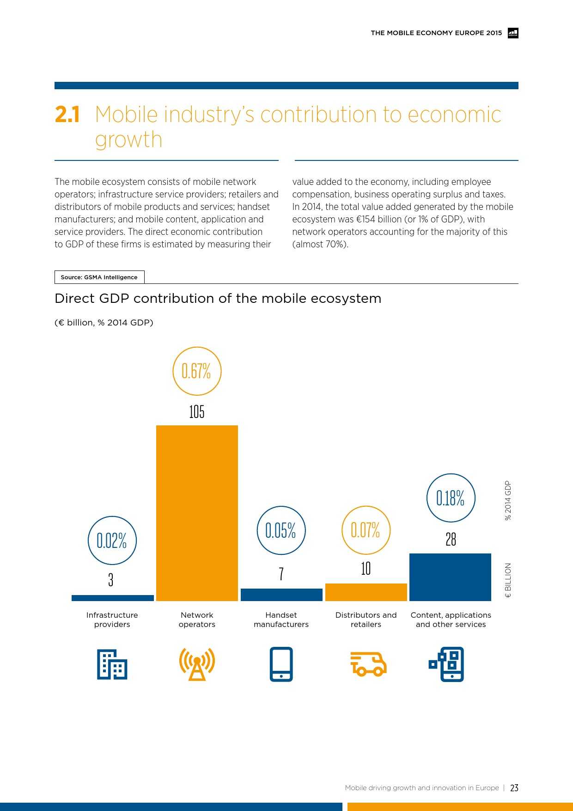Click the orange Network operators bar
[197, 513]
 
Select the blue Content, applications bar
[450, 577]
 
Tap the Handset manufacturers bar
[281, 595]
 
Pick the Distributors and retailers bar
[366, 592]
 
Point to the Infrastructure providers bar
[112, 598]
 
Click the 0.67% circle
[197, 371]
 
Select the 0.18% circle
[451, 498]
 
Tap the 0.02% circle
[112, 540]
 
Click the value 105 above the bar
[197, 412]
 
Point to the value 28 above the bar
[451, 539]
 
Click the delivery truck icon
[368, 664]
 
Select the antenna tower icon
[197, 664]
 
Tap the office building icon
[112, 664]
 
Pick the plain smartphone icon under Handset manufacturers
[281, 664]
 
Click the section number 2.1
[67, 115]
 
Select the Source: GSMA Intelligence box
[99, 277]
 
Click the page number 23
[514, 788]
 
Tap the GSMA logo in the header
[513, 33]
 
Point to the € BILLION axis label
[508, 580]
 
